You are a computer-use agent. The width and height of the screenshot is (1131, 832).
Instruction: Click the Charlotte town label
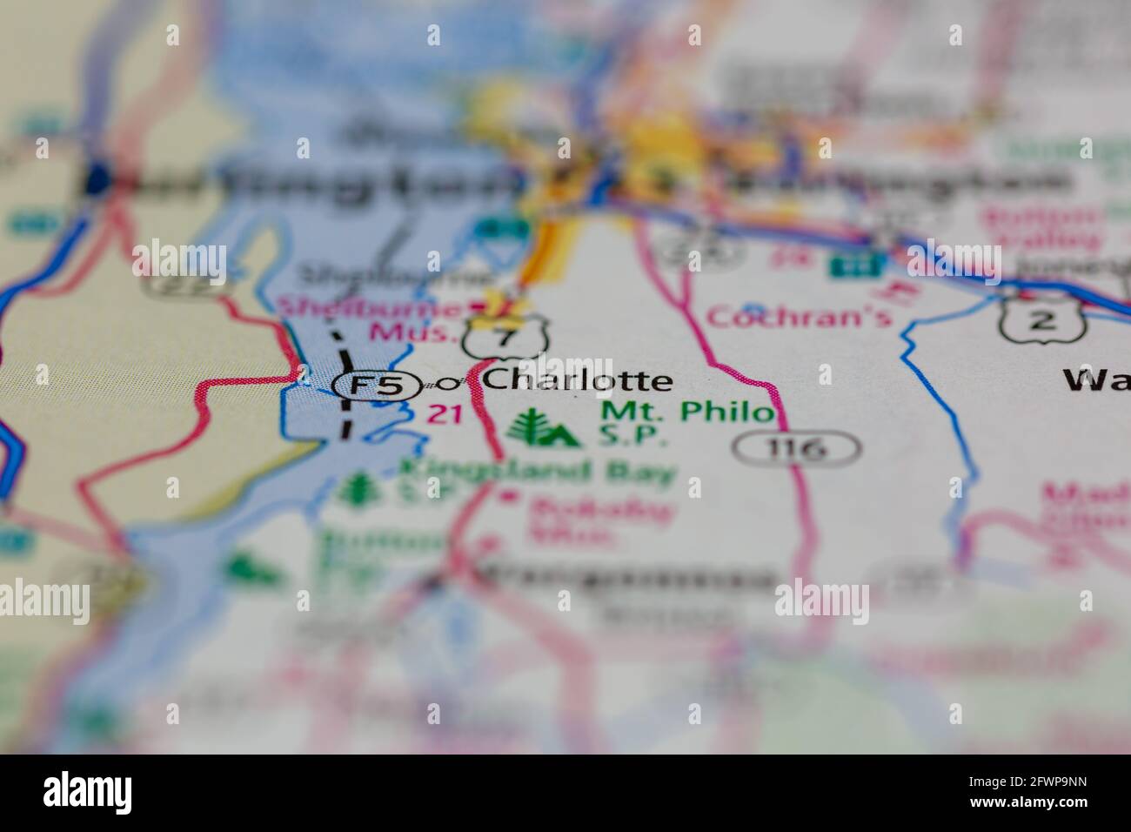tap(577, 380)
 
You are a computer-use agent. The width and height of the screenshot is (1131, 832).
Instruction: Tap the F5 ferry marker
tap(375, 386)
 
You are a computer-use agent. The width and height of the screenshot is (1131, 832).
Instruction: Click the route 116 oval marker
tap(797, 449)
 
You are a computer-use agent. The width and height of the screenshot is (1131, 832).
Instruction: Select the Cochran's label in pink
tap(799, 315)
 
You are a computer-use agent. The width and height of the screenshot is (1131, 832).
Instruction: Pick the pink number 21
tap(445, 415)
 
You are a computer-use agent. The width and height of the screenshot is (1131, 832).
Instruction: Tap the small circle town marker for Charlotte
tap(450, 383)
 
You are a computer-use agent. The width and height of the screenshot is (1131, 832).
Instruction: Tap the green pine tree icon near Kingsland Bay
tap(355, 489)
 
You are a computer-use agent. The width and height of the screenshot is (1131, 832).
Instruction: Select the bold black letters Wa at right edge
tap(1095, 381)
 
